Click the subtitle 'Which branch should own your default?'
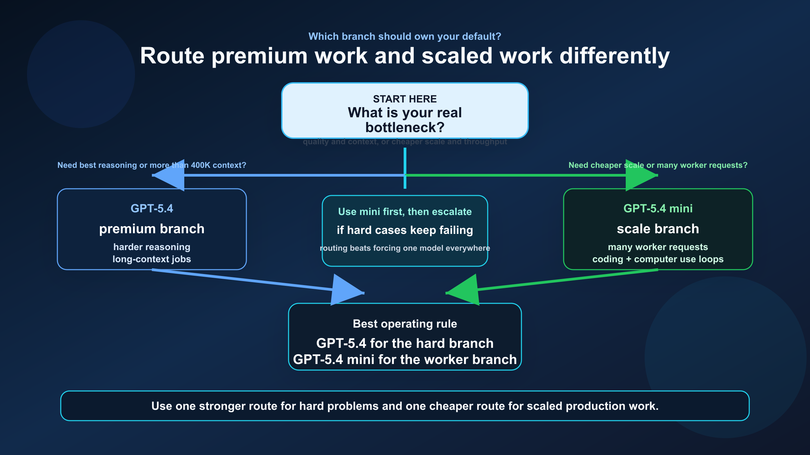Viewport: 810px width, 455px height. (405, 36)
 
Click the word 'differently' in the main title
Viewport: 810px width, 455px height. (614, 56)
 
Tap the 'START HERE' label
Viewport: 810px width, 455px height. (405, 99)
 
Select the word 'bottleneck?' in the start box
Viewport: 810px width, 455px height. (405, 128)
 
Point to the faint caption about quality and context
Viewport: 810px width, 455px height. (405, 142)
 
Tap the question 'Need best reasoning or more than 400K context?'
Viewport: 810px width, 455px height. (152, 165)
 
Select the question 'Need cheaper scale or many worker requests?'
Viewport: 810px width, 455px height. (658, 165)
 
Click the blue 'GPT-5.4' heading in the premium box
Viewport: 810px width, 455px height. (152, 209)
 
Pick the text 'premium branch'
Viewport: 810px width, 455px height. (152, 229)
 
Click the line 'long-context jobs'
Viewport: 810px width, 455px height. (152, 259)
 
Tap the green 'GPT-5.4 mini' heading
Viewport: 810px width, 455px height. (658, 209)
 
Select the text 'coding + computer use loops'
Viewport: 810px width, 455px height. (658, 259)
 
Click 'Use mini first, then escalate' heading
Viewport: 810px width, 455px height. (405, 212)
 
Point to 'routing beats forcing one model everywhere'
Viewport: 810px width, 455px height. (405, 248)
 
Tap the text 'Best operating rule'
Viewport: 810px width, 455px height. (405, 324)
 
